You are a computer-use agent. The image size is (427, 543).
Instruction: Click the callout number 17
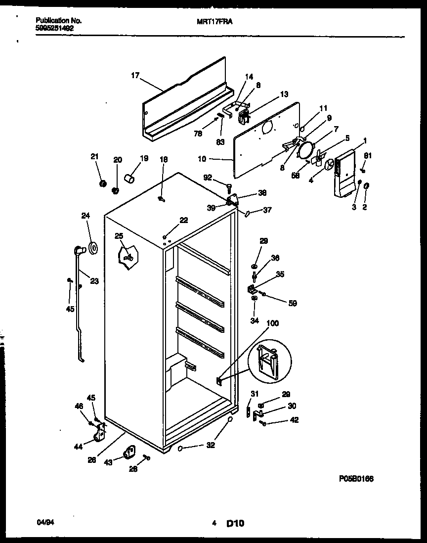point(135,76)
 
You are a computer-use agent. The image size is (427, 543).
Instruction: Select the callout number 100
point(272,323)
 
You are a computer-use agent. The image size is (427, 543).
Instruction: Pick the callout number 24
point(86,215)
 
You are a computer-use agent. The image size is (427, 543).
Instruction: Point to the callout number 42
point(294,420)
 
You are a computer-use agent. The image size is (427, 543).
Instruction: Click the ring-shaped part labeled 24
point(93,248)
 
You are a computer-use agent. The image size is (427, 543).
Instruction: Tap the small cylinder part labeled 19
point(129,178)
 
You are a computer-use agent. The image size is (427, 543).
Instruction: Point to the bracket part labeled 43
point(129,451)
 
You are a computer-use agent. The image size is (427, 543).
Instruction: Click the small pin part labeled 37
point(247,213)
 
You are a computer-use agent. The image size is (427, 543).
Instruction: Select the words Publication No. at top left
point(59,21)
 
